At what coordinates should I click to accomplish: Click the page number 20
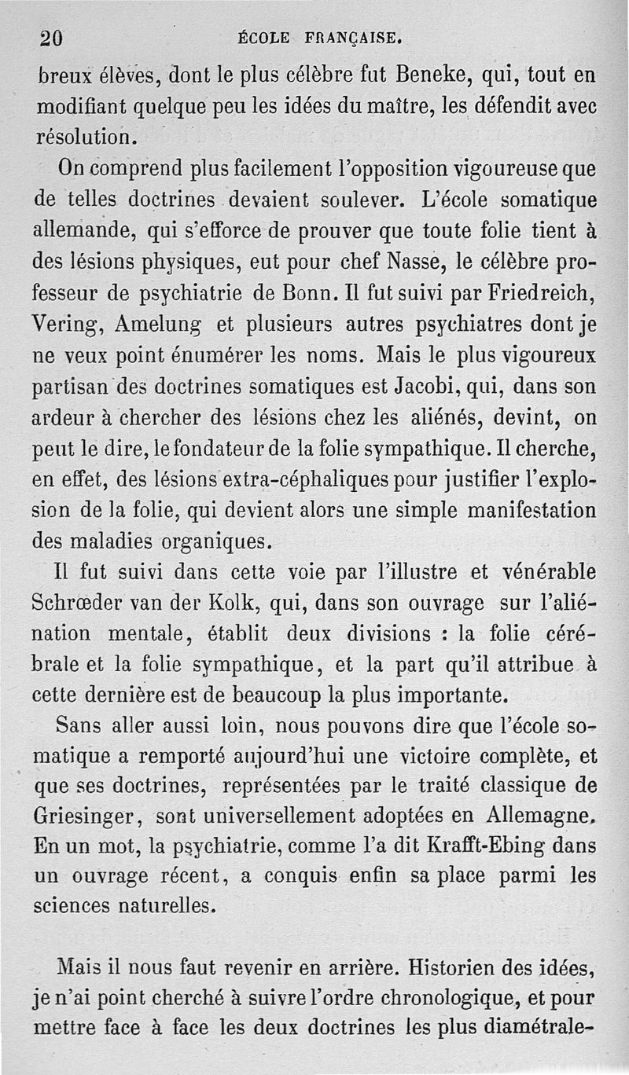[x=50, y=37]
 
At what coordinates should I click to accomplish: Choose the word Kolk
[x=231, y=602]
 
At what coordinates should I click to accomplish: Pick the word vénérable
[x=543, y=571]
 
